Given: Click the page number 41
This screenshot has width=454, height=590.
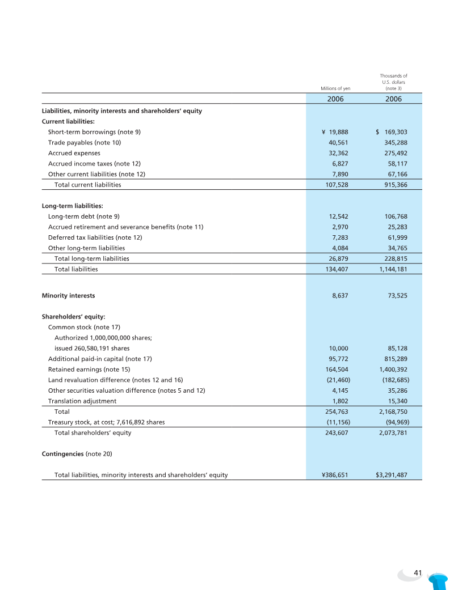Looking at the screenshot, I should (x=418, y=573).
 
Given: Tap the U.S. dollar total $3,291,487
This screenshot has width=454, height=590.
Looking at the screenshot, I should (x=392, y=475).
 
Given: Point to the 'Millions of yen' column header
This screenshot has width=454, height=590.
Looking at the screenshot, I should (x=336, y=89).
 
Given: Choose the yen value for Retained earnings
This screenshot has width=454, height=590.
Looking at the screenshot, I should (x=335, y=370).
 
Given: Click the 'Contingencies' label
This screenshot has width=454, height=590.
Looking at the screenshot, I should (x=63, y=454).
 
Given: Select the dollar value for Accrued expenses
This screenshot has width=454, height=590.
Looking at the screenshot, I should (x=396, y=153).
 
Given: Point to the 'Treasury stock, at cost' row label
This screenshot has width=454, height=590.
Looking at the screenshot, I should (x=106, y=422).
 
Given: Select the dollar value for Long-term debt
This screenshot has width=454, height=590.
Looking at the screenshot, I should (x=396, y=217).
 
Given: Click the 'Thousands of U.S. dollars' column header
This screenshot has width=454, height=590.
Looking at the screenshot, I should (x=393, y=82).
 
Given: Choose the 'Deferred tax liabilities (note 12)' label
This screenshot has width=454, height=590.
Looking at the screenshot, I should (x=95, y=237).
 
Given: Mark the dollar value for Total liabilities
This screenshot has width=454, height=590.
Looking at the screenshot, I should (x=393, y=269).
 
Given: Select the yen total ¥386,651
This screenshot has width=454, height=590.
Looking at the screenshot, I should (x=331, y=475).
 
